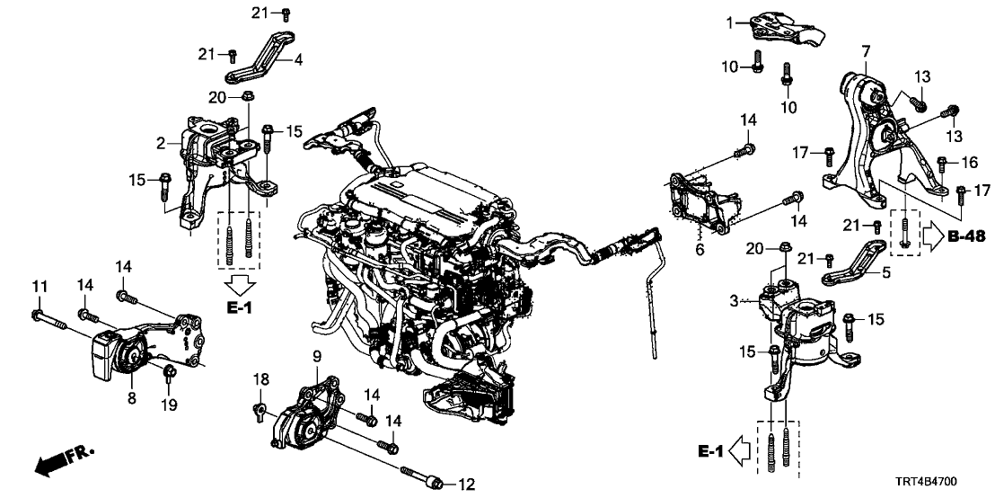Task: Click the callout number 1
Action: (x=730, y=22)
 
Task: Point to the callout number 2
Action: (x=161, y=143)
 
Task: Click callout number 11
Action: (x=38, y=287)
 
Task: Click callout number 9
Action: (x=316, y=357)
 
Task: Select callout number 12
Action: (x=465, y=485)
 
